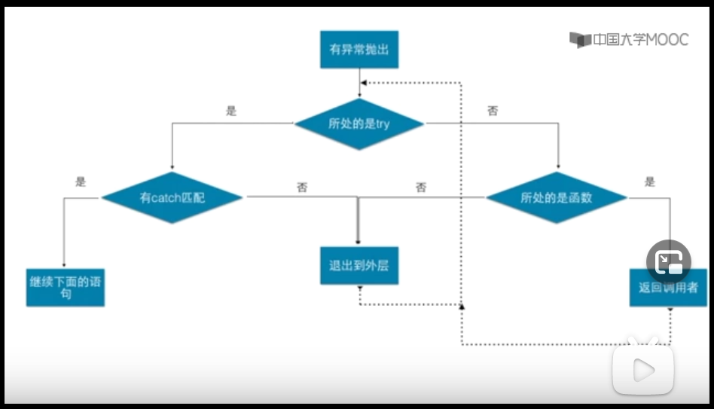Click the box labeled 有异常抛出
359,50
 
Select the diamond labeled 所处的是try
359,123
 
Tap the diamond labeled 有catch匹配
172,198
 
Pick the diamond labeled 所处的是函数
557,198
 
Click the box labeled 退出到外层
359,266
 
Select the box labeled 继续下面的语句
65,287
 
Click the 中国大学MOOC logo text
630,40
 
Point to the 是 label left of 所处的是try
231,111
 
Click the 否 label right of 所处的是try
492,111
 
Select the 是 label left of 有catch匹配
81,182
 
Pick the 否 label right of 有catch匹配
301,188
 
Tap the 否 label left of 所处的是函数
420,188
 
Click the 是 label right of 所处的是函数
650,182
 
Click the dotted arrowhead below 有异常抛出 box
363,83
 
